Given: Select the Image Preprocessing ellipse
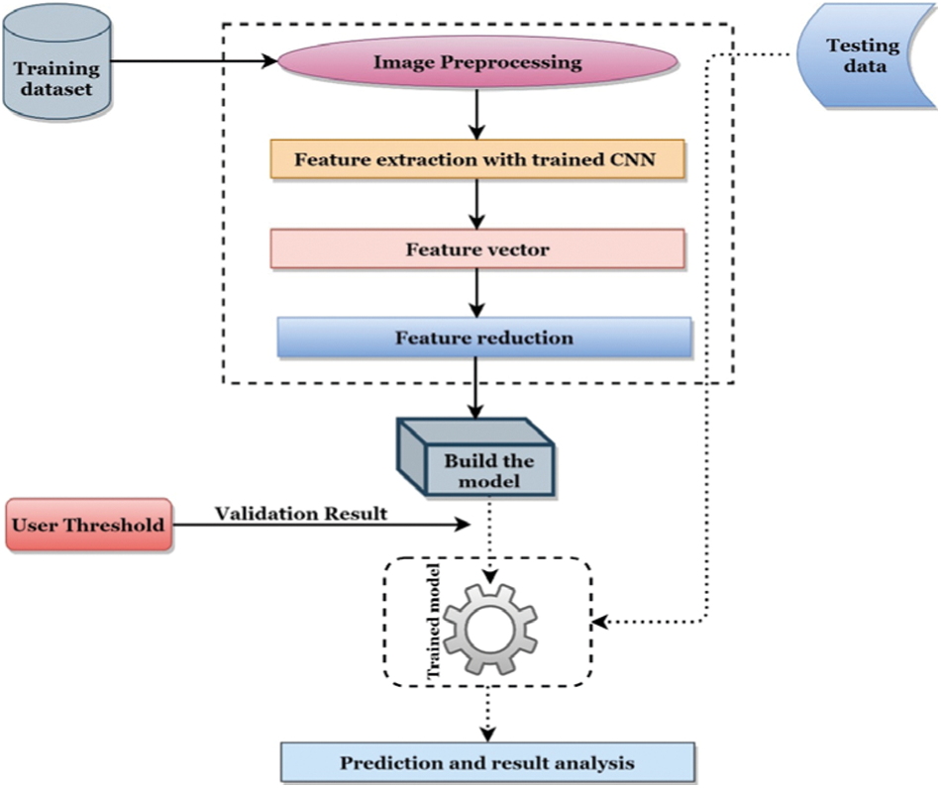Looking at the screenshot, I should tap(476, 63).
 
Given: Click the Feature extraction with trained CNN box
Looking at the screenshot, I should tap(476, 157).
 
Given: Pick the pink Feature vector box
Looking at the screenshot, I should tap(476, 248).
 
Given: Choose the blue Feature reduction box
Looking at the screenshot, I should tap(483, 338).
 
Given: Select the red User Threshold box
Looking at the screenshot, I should tap(87, 523).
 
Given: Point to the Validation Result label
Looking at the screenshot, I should tap(299, 514).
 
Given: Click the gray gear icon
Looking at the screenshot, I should tap(489, 625).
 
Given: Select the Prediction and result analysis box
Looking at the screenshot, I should tap(486, 763).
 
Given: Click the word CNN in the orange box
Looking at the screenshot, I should tap(631, 157).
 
